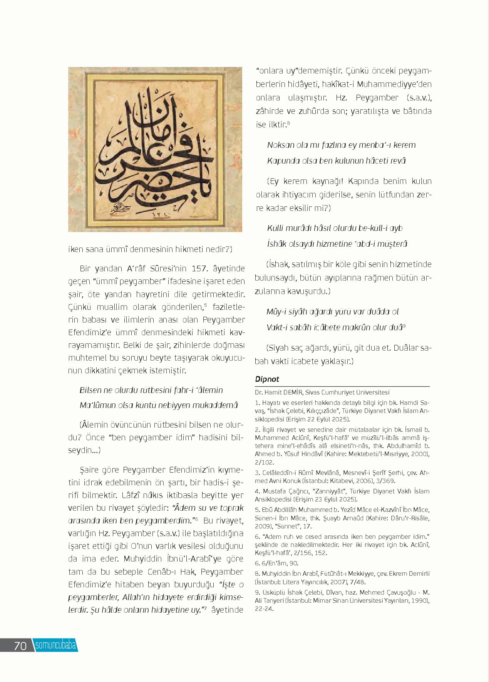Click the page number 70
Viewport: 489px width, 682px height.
pos(20,645)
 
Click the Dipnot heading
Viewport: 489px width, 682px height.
pos(267,379)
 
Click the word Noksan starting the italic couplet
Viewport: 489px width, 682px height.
pos(280,145)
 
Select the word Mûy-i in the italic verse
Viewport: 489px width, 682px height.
pos(277,311)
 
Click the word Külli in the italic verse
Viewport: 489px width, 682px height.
pos(275,228)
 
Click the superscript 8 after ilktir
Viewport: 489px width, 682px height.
pos(288,123)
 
